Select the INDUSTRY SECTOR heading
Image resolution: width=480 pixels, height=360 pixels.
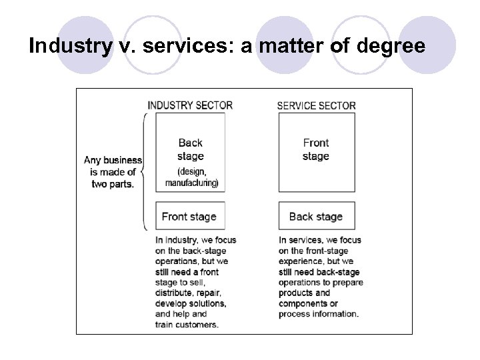pos(190,105)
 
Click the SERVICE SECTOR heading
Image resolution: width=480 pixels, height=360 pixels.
pos(316,105)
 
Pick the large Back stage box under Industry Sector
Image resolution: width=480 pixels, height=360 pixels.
pos(190,152)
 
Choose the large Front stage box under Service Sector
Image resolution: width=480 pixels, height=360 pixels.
pos(316,152)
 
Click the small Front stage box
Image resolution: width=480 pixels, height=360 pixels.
pos(190,216)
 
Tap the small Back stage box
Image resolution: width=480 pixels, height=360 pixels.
pos(316,216)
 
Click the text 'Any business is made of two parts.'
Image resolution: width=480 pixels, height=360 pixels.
pos(113,172)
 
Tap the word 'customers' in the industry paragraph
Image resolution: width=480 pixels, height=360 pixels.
pos(198,324)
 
